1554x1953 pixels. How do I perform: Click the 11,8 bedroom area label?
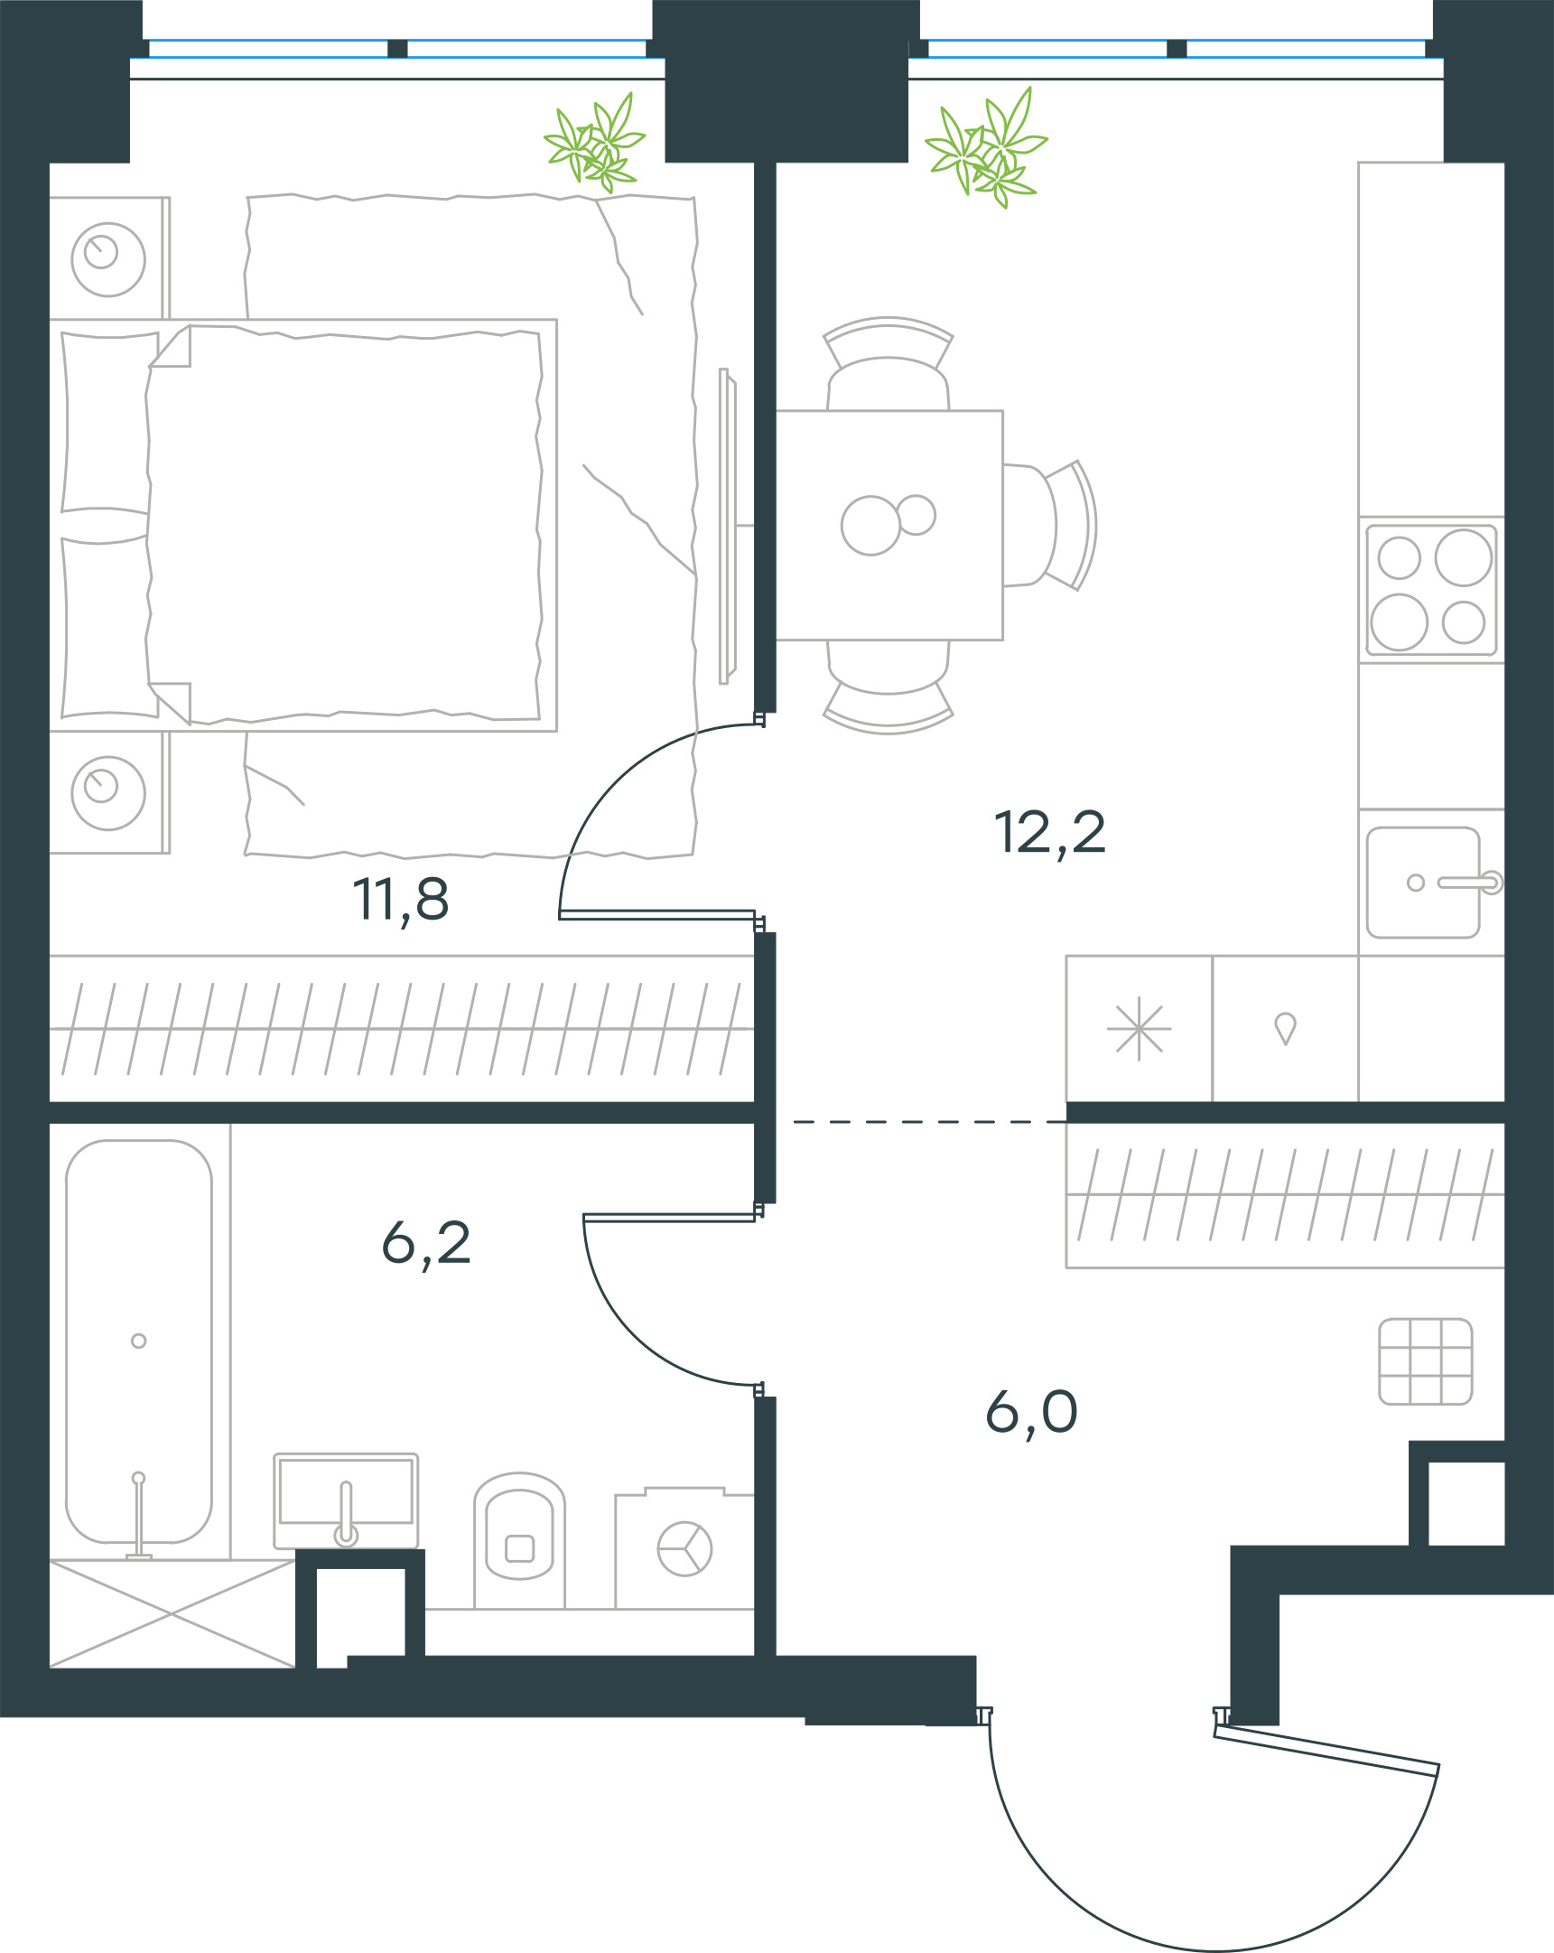point(400,901)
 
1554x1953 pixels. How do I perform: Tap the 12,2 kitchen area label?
point(1049,834)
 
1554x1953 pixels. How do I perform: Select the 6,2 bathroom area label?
point(425,1244)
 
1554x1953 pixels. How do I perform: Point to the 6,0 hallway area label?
point(1030,1413)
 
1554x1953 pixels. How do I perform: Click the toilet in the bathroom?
point(519,1541)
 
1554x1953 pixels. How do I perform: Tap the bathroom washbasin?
point(346,1501)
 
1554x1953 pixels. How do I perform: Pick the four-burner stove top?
point(1431,590)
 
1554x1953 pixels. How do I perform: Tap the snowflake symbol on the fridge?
point(1139,1029)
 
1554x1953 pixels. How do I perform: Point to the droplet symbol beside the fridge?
point(1285,1029)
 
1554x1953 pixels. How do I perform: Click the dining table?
point(889,526)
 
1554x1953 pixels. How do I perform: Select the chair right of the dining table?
point(1050,526)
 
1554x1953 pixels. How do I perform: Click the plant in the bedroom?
point(594,143)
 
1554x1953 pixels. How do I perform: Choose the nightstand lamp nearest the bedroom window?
point(107,259)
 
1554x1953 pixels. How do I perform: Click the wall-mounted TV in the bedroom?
point(727,526)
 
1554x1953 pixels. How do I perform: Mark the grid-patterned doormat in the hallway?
point(1426,1361)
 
